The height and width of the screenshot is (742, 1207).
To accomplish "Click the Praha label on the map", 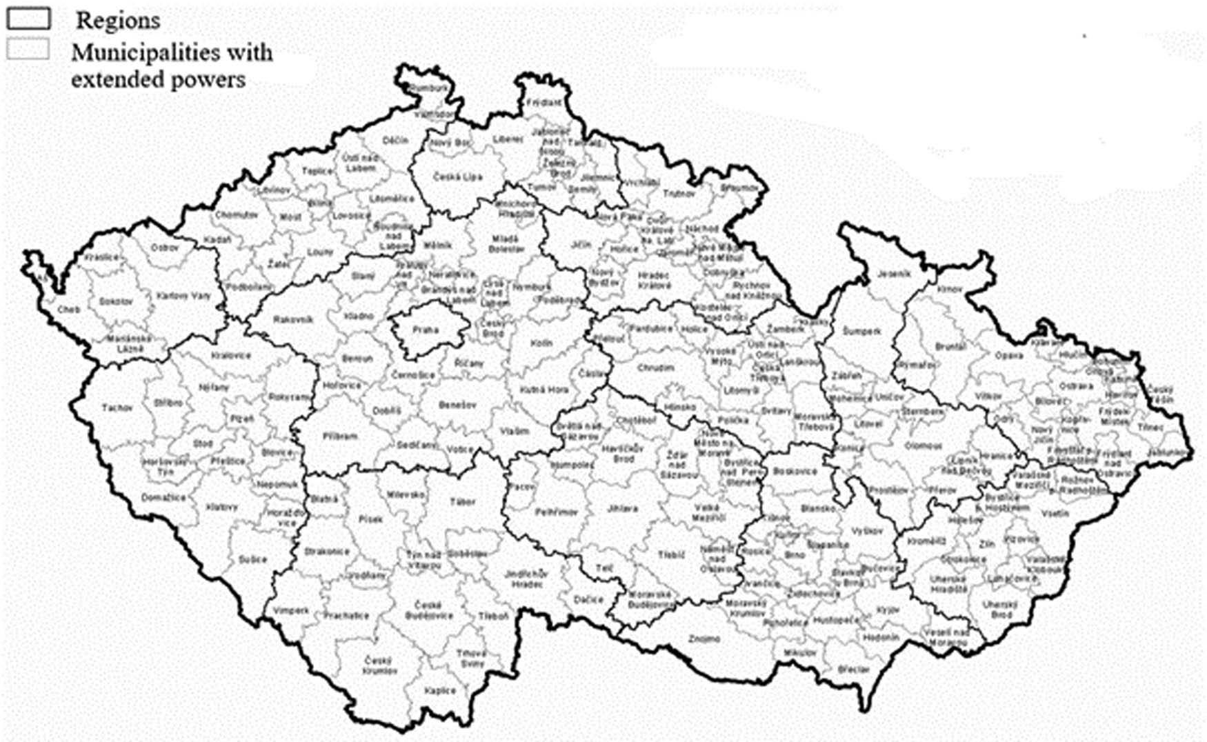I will point(426,330).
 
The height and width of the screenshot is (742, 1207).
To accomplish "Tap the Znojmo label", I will point(704,639).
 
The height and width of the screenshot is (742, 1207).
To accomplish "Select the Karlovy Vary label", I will point(183,296).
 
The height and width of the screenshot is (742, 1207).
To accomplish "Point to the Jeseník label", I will point(894,274).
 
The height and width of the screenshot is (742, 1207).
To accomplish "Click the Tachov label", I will point(117,408).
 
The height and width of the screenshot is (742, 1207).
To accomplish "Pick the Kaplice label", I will point(440,690).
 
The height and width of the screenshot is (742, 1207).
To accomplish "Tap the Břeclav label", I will point(854,669).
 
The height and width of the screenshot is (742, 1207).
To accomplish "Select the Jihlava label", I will point(623,509).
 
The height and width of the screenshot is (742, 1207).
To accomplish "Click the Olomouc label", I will point(924,446).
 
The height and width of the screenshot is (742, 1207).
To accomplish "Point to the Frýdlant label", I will point(543,103).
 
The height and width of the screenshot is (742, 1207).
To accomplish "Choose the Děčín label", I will point(395,141).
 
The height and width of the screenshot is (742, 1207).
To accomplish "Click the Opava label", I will point(1009,356).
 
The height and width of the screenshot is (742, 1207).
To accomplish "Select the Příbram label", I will point(339,437).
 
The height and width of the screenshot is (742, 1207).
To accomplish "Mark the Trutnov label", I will point(679,194).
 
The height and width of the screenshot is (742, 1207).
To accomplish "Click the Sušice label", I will point(252,559).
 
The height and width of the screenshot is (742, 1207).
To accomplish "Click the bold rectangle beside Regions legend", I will point(28,19).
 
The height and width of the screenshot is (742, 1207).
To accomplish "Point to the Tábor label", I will point(462,502).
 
